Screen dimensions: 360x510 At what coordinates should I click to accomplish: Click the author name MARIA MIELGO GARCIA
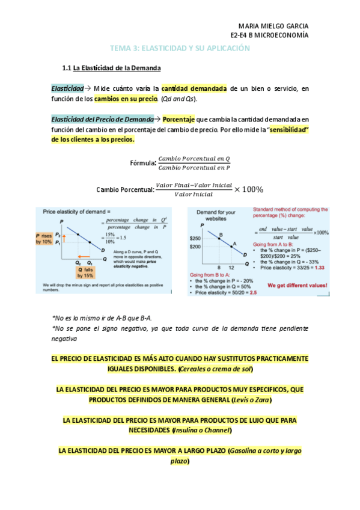[273, 26]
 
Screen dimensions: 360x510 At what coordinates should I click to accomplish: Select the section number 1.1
[67, 68]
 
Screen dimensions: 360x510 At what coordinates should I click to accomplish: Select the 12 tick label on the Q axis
[231, 267]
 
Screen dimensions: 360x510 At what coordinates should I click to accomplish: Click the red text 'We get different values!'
[297, 285]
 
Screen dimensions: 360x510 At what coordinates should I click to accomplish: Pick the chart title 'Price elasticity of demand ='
[76, 212]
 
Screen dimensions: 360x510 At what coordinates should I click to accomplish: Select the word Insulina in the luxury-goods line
[188, 430]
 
